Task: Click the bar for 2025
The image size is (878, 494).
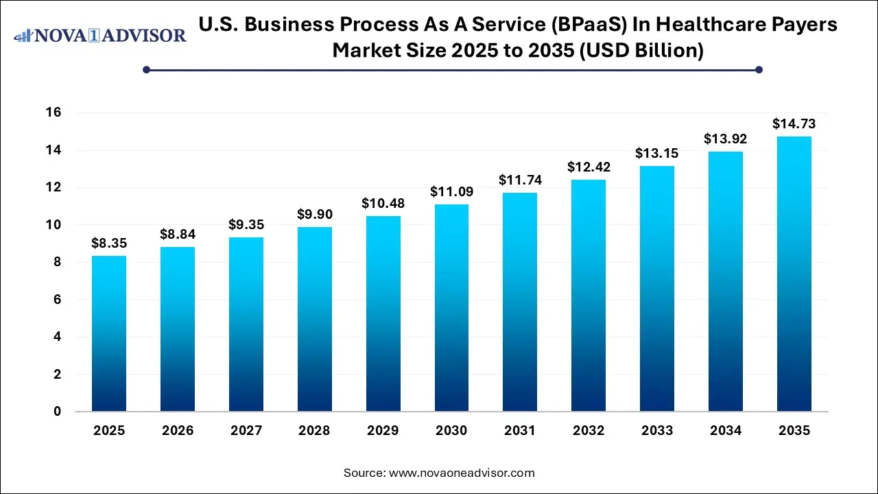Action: pos(109,333)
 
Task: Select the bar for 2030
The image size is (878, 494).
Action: pos(451,308)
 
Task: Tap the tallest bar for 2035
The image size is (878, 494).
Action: pos(794,274)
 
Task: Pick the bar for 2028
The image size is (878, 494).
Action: pos(314,319)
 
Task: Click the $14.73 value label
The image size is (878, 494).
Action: pos(794,124)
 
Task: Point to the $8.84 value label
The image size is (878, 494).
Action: pos(177,235)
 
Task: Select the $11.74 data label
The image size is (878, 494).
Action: pos(520,180)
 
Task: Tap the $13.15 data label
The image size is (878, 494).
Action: pos(657,154)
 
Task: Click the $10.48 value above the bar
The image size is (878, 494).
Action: pos(383,204)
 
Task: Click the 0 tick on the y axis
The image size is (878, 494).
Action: pos(58,412)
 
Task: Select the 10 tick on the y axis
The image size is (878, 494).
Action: pos(53,225)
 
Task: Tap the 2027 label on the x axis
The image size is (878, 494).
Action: pos(246,431)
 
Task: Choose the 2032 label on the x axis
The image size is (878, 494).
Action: pos(589,431)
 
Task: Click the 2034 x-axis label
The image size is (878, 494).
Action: pos(726,431)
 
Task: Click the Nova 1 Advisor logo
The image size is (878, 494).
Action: pos(100,35)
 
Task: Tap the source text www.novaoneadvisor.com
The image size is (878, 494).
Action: pos(462,473)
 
